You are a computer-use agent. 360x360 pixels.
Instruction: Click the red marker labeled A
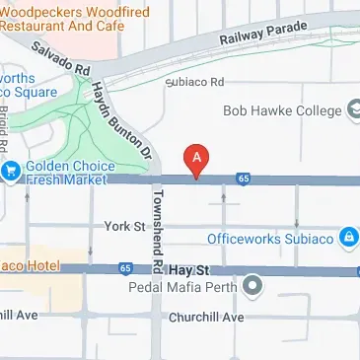(x=197, y=161)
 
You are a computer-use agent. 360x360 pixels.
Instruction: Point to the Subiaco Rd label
(x=195, y=83)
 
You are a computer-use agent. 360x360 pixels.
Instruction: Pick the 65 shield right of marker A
(x=243, y=179)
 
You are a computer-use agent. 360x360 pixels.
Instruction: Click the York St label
(x=124, y=227)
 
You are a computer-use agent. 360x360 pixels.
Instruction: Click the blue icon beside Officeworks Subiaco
(x=348, y=238)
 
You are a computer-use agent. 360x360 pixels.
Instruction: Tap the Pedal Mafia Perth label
(x=182, y=288)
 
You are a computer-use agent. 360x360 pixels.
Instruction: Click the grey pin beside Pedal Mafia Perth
(x=252, y=288)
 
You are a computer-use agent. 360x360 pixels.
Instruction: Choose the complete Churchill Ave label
(x=205, y=318)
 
